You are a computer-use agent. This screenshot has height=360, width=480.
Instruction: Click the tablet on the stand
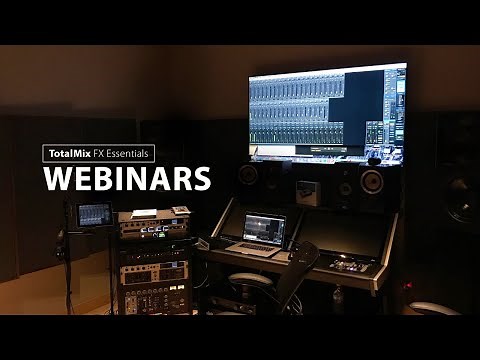(x=95, y=214)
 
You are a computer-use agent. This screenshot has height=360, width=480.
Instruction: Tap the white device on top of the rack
(x=145, y=213)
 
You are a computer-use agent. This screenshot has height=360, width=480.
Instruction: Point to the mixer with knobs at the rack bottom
(x=155, y=297)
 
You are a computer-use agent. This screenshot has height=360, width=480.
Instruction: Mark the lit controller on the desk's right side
(x=352, y=265)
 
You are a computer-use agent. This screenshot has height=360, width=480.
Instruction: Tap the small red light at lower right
(x=407, y=285)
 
